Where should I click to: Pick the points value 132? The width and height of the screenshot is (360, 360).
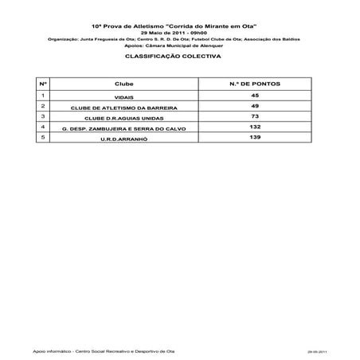click(255, 126)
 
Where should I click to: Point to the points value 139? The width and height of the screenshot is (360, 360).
click(255, 137)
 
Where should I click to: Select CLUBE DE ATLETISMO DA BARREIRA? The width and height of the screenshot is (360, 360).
click(123, 108)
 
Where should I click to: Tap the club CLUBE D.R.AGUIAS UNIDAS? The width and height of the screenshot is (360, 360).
click(123, 118)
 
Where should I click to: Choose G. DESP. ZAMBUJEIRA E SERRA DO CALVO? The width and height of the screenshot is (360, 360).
click(123, 128)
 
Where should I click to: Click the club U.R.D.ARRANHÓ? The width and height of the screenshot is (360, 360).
click(123, 139)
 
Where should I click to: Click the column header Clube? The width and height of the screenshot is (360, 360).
click(123, 83)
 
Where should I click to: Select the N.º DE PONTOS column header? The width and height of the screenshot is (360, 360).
click(255, 83)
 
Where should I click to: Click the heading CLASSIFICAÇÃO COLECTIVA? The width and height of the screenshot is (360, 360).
click(179, 58)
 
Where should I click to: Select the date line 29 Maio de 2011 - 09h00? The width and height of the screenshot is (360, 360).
click(179, 32)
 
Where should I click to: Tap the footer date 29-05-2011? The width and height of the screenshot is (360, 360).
click(317, 350)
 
